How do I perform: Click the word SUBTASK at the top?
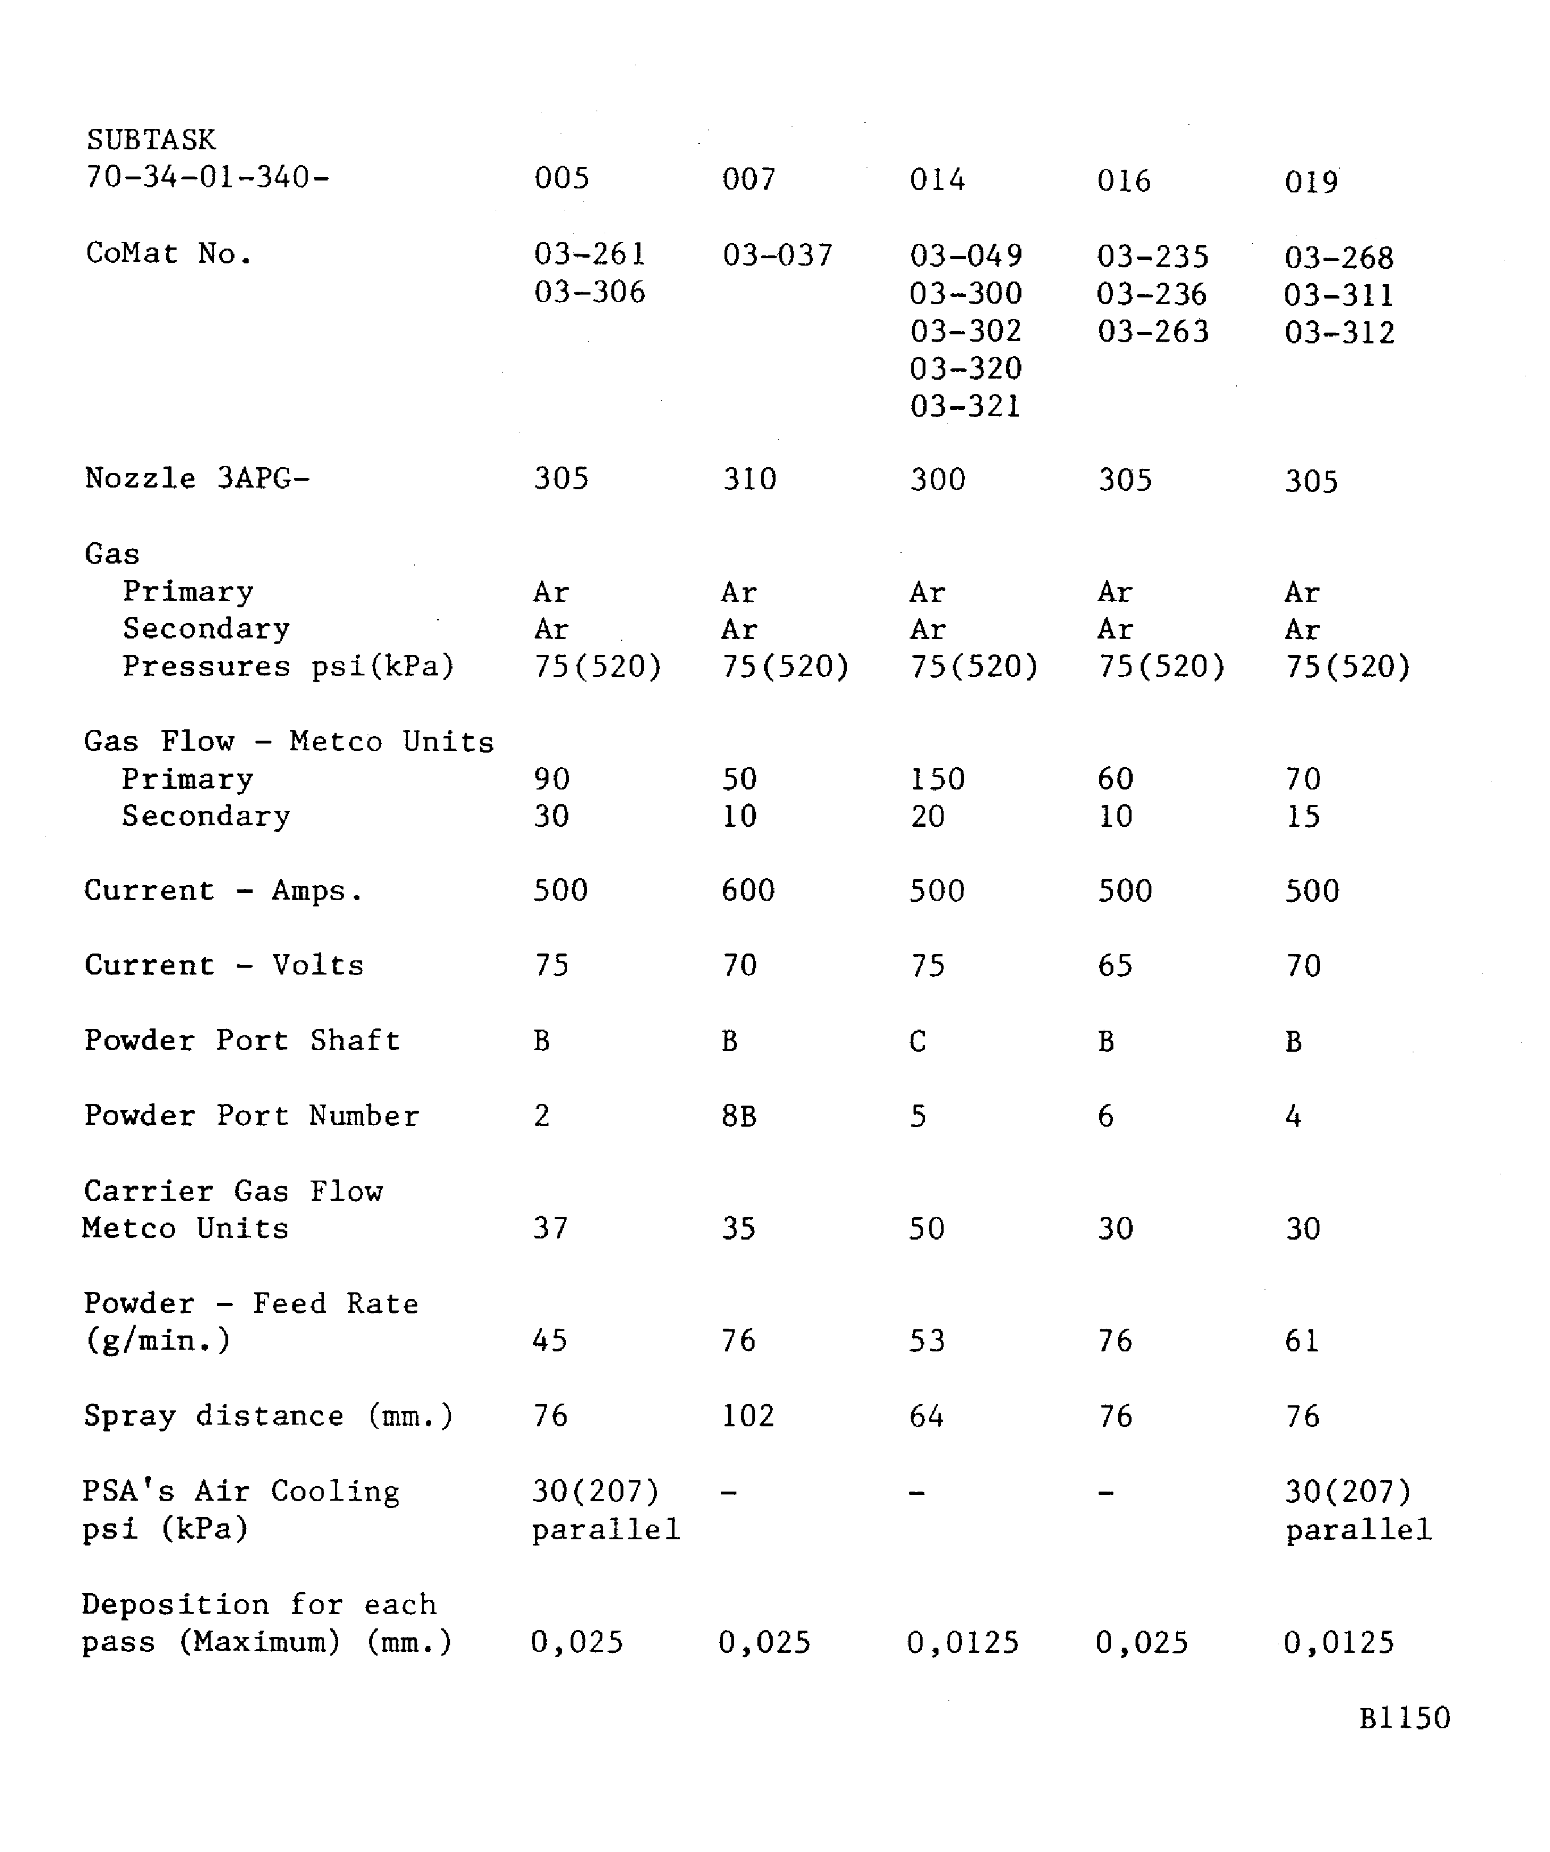[x=151, y=140]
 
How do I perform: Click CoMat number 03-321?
[x=965, y=406]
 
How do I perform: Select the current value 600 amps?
[x=748, y=891]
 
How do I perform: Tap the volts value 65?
[x=1115, y=965]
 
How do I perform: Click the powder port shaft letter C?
[x=918, y=1042]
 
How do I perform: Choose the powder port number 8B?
[x=739, y=1116]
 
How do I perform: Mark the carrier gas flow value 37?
[x=551, y=1228]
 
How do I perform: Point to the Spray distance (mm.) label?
[x=268, y=1416]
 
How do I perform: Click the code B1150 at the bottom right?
[x=1405, y=1718]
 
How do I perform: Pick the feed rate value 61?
[x=1302, y=1341]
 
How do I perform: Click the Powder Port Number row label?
[x=252, y=1116]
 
